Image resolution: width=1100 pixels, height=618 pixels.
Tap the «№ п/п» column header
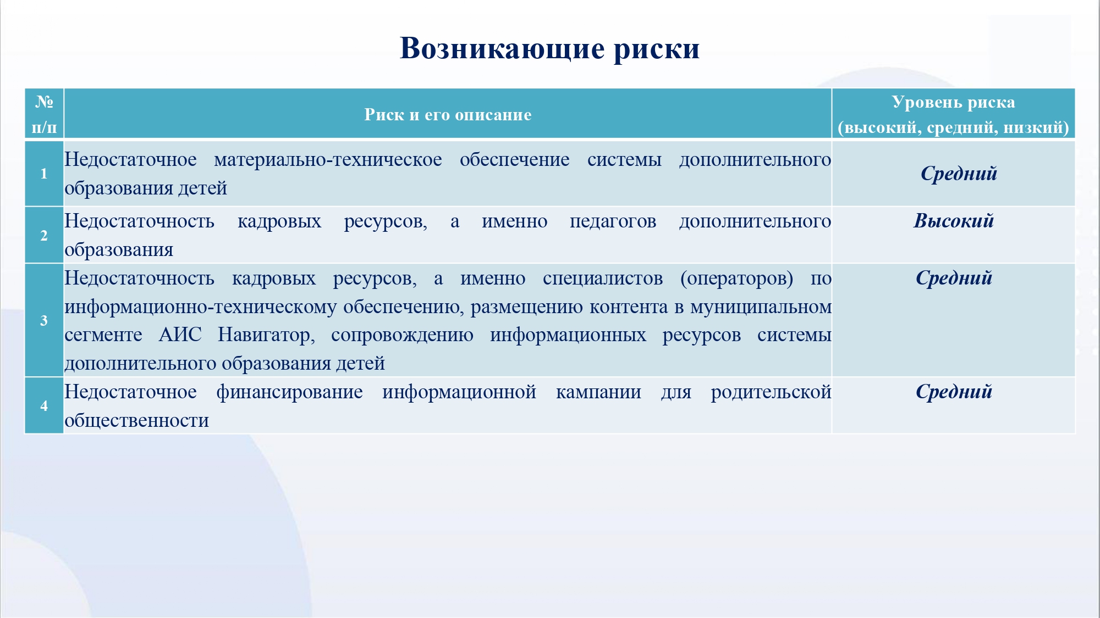point(44,114)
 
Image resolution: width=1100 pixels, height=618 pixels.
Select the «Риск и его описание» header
point(448,114)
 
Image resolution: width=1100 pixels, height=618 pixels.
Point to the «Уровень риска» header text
point(953,102)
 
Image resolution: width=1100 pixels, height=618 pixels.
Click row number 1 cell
point(44,174)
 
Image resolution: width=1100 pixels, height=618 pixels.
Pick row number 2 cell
point(44,235)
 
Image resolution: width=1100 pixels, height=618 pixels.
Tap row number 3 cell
point(44,320)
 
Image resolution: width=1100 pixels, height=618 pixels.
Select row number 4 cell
point(44,405)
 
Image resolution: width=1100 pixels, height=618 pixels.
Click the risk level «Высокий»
point(954,221)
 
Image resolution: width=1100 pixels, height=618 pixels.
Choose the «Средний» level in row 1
point(959,174)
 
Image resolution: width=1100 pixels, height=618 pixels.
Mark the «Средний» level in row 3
point(954,278)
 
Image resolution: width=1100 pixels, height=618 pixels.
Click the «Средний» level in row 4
point(954,392)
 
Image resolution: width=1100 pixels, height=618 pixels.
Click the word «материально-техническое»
point(328,159)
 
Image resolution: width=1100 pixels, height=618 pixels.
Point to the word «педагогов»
point(613,221)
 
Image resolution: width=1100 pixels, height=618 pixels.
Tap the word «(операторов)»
point(736,279)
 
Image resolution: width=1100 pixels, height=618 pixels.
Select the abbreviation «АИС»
point(180,335)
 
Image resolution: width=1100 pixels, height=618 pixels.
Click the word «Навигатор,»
point(266,335)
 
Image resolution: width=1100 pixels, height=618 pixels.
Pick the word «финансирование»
point(289,392)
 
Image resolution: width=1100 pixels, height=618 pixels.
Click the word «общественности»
point(136,421)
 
